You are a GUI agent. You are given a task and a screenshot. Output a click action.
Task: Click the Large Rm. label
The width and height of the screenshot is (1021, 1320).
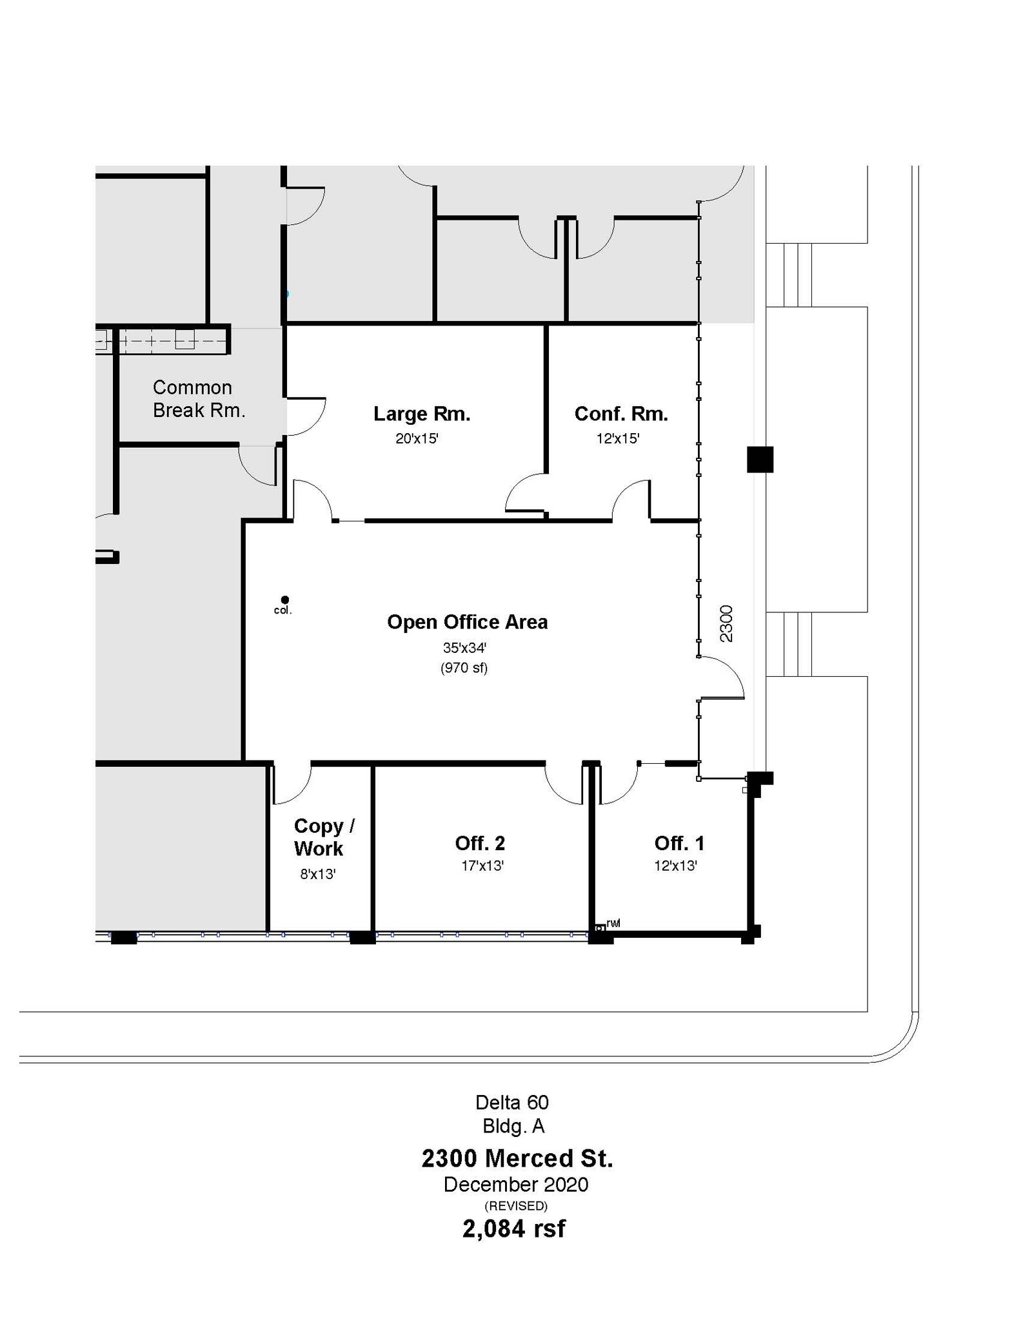pyautogui.click(x=422, y=414)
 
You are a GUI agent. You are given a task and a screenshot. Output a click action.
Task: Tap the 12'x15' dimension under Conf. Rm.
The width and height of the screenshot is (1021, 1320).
pyautogui.click(x=618, y=439)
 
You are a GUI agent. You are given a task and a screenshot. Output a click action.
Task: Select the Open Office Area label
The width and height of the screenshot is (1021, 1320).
pyautogui.click(x=467, y=622)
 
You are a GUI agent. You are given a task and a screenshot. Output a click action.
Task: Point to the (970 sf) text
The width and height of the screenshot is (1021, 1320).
pyautogui.click(x=464, y=668)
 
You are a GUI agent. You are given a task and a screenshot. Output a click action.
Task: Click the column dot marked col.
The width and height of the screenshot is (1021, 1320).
pyautogui.click(x=285, y=600)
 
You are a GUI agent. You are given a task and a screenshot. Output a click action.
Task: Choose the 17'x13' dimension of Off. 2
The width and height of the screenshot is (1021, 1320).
pyautogui.click(x=482, y=866)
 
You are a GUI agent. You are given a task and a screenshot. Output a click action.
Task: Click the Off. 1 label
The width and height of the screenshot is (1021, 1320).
pyautogui.click(x=679, y=843)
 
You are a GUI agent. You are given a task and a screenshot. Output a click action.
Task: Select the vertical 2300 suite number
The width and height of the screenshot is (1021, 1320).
pyautogui.click(x=726, y=623)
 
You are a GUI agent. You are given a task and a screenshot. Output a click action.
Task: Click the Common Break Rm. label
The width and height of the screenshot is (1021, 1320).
pyautogui.click(x=198, y=399)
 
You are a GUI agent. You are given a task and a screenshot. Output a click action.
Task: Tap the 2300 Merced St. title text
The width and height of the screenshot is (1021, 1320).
pyautogui.click(x=517, y=1158)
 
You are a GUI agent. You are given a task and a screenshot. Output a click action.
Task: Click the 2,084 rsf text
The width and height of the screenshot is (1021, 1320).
pyautogui.click(x=513, y=1228)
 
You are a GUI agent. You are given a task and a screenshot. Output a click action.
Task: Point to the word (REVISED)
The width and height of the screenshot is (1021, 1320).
pyautogui.click(x=515, y=1205)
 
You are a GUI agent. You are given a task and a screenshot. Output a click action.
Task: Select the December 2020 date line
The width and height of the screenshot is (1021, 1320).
pyautogui.click(x=515, y=1185)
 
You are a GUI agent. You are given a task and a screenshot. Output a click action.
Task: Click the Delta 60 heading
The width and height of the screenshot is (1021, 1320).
pyautogui.click(x=511, y=1102)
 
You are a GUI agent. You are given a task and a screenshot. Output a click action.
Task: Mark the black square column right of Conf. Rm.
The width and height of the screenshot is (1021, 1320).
pyautogui.click(x=760, y=460)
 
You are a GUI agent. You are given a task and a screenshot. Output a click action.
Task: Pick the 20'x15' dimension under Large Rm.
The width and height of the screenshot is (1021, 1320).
pyautogui.click(x=417, y=439)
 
